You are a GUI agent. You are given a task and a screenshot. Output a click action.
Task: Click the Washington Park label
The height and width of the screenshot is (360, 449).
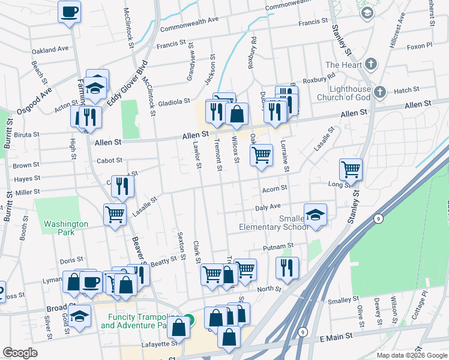pos(65,228)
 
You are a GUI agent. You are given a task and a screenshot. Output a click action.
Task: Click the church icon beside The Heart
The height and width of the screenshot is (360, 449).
pos(371,64)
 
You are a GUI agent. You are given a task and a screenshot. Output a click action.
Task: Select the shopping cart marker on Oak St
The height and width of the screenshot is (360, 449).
pos(261,155)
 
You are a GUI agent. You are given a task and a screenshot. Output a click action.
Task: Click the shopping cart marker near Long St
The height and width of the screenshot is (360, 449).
pos(351,169)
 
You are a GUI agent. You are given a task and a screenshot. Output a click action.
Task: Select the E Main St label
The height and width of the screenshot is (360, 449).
pos(337,339)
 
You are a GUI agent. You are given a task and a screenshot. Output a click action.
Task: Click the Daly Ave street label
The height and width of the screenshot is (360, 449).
pos(268,206)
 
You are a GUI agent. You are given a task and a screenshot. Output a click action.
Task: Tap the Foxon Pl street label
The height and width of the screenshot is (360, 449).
pos(419,46)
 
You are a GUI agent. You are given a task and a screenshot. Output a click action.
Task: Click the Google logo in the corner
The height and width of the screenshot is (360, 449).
pos(20,353)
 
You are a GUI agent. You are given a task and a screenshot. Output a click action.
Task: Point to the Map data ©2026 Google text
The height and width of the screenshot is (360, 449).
pos(411,355)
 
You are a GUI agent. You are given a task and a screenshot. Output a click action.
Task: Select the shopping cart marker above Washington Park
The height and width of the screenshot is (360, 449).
pos(114,214)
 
